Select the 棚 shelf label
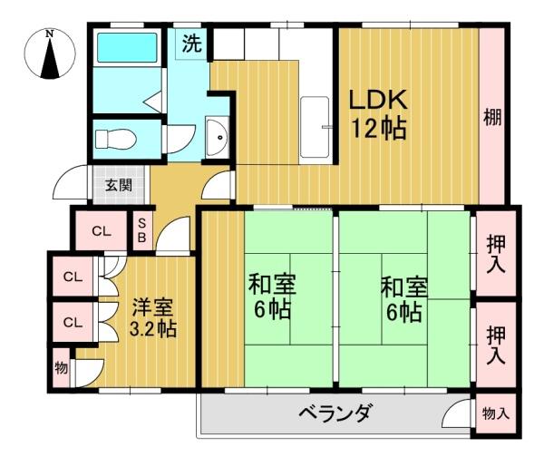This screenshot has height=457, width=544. pyautogui.click(x=492, y=117)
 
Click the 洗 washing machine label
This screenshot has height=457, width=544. pyautogui.click(x=192, y=43)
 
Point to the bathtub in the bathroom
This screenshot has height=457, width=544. pyautogui.click(x=128, y=47)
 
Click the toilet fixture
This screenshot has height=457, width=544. pyautogui.click(x=116, y=139)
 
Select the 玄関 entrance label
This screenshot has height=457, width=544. pyautogui.click(x=119, y=187)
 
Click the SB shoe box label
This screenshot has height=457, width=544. pyautogui.click(x=142, y=231)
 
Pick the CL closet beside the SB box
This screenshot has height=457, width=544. pyautogui.click(x=101, y=231)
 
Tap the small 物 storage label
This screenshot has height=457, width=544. pyautogui.click(x=61, y=367)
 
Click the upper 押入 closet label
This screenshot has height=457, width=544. pyautogui.click(x=495, y=251)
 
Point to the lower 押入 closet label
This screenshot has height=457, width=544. pyautogui.click(x=495, y=344)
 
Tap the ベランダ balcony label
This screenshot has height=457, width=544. pyautogui.click(x=335, y=415)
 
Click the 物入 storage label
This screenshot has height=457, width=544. pyautogui.click(x=495, y=413)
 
